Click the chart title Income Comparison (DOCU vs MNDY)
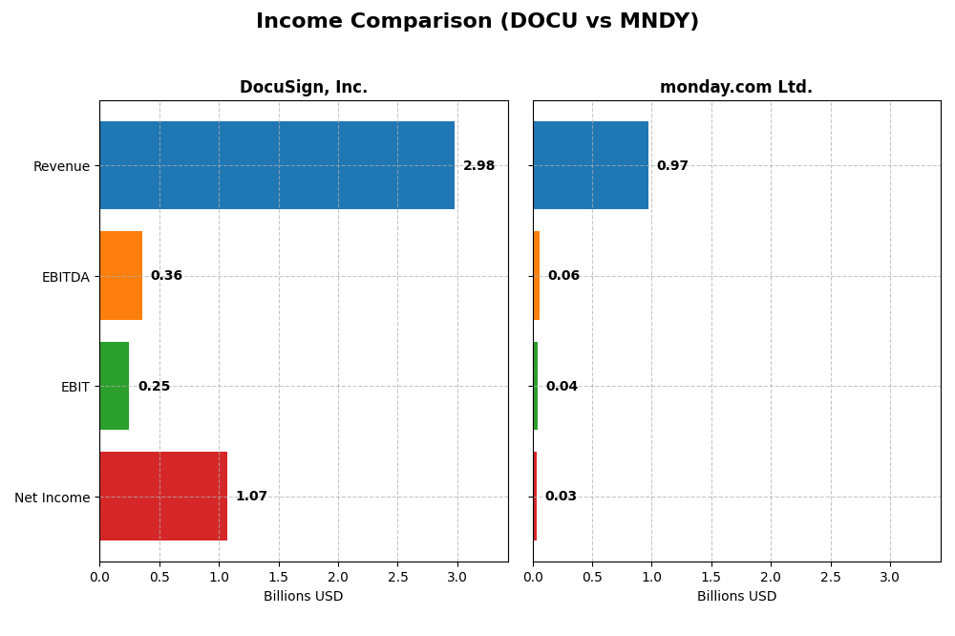click(477, 21)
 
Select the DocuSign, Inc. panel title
click(303, 87)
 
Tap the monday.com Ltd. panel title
click(735, 87)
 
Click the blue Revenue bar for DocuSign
click(277, 165)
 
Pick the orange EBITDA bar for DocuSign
click(121, 275)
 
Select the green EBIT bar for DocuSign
click(115, 386)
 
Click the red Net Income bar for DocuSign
click(163, 496)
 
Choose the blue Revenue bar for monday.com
click(590, 165)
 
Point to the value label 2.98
click(478, 166)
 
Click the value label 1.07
click(251, 497)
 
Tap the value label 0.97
click(672, 166)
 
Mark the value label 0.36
click(166, 276)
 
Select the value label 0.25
click(154, 387)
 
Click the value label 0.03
click(561, 497)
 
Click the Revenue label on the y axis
click(61, 166)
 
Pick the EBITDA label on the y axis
click(65, 277)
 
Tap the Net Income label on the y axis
click(53, 498)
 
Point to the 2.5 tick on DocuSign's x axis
click(397, 578)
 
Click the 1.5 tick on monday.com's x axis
click(711, 578)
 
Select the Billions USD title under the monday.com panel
click(736, 597)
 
